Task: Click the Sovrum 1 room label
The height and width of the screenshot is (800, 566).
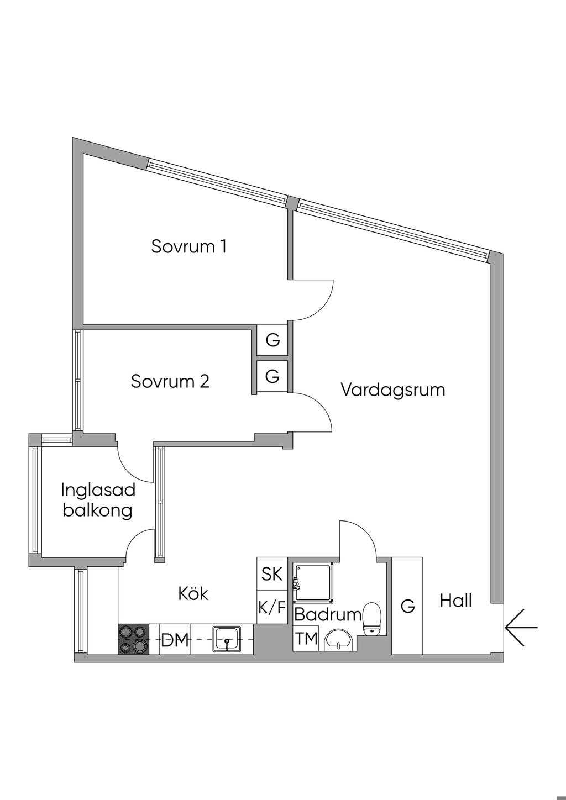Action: (189, 246)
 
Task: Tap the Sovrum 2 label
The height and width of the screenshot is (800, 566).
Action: (170, 381)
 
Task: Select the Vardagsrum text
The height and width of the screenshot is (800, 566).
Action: (392, 390)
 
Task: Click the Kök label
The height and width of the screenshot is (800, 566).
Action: (193, 594)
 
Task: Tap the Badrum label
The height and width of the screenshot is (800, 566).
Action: (327, 614)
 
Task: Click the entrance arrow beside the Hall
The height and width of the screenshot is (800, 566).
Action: (521, 628)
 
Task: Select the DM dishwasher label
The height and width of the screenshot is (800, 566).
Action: (175, 641)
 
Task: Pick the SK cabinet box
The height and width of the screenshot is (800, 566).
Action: (272, 575)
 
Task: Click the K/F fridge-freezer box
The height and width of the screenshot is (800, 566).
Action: (272, 608)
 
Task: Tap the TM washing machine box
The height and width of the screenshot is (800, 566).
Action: (306, 639)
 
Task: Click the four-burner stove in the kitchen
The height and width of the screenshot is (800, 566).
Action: (133, 639)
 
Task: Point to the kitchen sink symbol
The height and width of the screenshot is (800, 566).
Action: (227, 639)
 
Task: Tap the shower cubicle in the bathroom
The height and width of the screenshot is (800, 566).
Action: (313, 582)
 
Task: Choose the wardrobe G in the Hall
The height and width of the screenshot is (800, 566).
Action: (407, 606)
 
